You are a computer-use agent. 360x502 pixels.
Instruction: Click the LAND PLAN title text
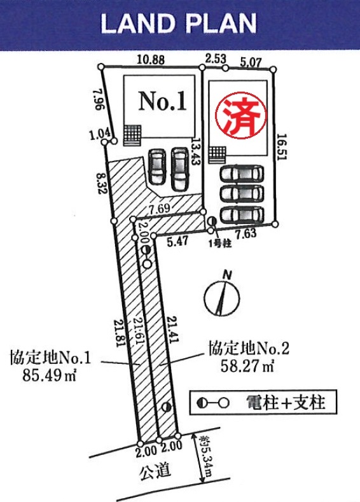(x=179, y=24)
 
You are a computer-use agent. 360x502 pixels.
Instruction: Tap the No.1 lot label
(x=163, y=101)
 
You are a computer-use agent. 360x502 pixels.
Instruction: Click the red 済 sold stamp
(x=240, y=115)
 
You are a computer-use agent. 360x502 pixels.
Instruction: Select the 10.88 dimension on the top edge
(x=151, y=60)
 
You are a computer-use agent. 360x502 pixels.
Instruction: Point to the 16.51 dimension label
(x=282, y=146)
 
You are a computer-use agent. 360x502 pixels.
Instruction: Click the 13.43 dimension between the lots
(x=195, y=151)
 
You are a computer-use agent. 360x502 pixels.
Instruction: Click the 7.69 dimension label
(x=160, y=209)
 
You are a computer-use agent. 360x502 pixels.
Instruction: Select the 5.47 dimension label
(x=178, y=241)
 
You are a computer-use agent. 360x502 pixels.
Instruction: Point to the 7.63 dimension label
(x=246, y=234)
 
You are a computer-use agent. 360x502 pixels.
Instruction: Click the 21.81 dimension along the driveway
(x=118, y=333)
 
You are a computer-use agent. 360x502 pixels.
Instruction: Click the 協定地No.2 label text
(x=249, y=348)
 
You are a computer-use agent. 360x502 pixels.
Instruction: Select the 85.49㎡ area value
(x=50, y=375)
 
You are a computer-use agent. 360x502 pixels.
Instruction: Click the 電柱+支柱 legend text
(x=286, y=403)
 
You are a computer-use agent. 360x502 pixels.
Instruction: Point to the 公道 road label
(x=155, y=471)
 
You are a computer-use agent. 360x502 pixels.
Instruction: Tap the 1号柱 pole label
(x=220, y=244)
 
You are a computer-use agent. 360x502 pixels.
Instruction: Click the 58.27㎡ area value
(x=247, y=366)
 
